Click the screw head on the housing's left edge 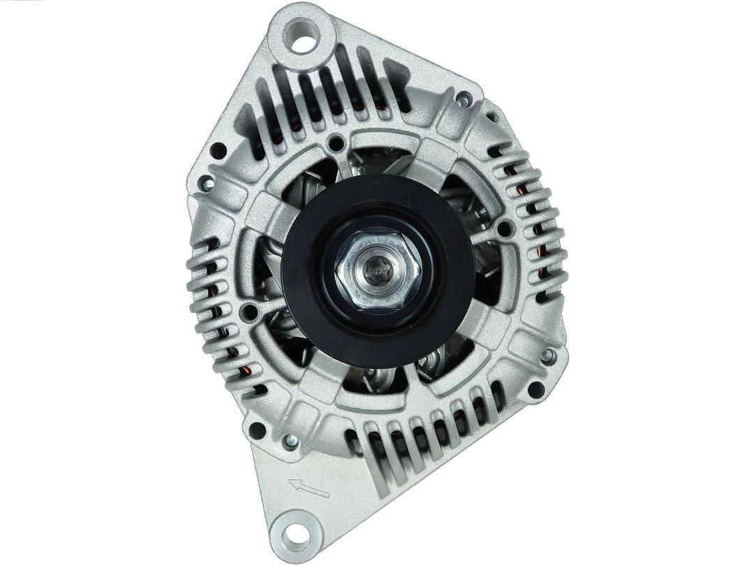pos(205,184)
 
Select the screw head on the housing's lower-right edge pos(548,356)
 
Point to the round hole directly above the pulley pos(337,144)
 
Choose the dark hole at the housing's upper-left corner pos(219,150)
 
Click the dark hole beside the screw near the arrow pos(256,430)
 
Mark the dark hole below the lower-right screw pos(535,389)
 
